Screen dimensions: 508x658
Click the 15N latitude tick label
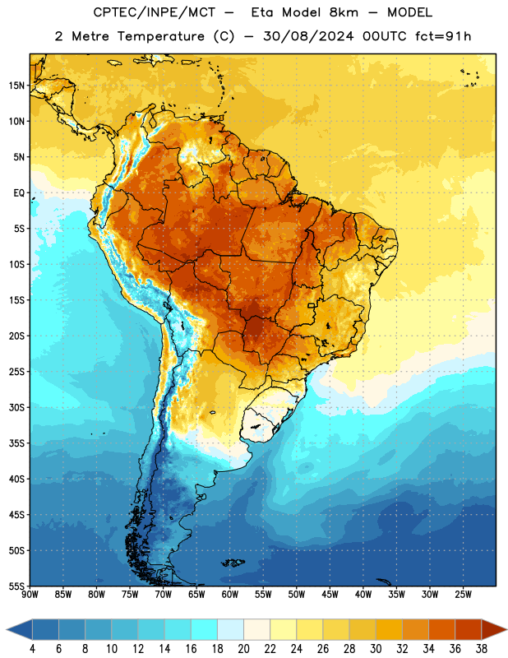16,86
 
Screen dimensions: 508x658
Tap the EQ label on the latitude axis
19,193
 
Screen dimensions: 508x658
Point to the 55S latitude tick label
16,586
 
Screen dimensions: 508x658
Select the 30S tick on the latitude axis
16,407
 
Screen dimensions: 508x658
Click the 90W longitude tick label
30,595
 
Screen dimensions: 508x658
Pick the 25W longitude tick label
463,595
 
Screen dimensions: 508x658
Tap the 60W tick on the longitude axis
230,595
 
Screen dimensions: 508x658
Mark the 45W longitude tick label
330,595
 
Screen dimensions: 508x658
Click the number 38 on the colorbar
482,649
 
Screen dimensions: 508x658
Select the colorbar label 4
32,649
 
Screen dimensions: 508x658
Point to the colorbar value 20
243,649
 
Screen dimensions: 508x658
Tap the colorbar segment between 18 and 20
230,629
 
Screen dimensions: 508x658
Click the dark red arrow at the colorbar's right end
493,629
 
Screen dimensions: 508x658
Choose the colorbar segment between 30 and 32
389,629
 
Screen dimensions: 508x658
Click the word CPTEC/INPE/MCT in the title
155,12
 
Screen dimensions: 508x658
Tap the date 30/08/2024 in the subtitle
308,36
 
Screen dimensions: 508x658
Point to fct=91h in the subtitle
443,36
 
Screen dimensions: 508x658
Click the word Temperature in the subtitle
160,36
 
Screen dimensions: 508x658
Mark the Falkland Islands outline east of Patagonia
233,563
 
